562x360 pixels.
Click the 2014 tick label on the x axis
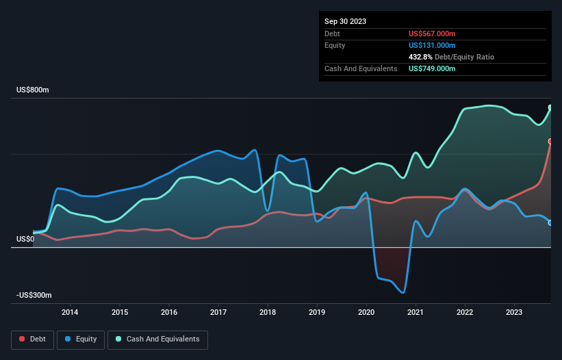[x=70, y=313]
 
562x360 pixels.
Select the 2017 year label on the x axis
[x=218, y=313]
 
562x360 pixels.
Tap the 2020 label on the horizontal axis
[x=367, y=313]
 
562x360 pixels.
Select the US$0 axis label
[x=25, y=239]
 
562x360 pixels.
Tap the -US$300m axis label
[x=35, y=295]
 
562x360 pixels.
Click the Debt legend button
[x=32, y=339]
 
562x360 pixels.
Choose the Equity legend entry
[x=81, y=339]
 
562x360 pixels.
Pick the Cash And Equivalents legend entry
[x=157, y=339]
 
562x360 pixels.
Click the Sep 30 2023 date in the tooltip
[x=346, y=21]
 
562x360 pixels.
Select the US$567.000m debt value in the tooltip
[x=431, y=34]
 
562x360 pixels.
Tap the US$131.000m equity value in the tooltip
[x=431, y=45]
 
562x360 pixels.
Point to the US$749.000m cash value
[x=431, y=68]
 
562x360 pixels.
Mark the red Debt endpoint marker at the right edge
[x=550, y=142]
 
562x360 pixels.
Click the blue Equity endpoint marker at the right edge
[x=550, y=222]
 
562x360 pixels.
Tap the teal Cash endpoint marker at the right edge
[x=550, y=107]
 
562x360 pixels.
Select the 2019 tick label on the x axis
[x=317, y=313]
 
